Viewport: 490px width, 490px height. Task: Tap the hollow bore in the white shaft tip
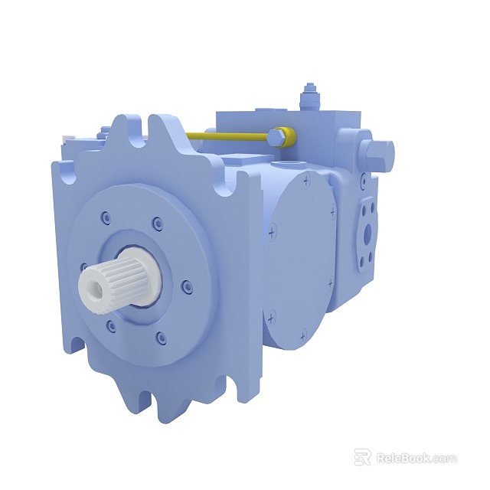[x=94, y=286]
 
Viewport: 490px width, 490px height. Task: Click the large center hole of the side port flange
[x=367, y=230]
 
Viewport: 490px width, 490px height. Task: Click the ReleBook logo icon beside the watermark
[x=362, y=457]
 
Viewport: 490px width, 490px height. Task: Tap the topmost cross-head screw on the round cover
[x=306, y=181]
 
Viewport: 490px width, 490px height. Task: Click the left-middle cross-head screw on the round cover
[x=272, y=228]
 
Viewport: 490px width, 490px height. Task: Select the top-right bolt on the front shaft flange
[x=157, y=224]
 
